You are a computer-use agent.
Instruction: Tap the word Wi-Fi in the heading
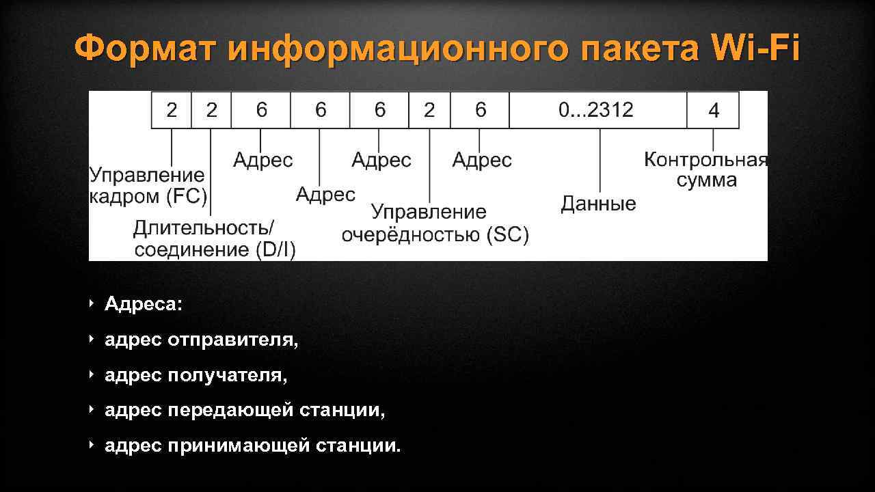tap(755, 49)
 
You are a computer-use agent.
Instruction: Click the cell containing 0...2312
tap(597, 110)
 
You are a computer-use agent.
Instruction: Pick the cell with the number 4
tap(713, 110)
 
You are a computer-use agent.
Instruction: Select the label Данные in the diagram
tap(598, 204)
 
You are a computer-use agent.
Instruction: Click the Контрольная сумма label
tap(706, 170)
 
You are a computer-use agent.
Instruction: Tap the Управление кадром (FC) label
tap(148, 187)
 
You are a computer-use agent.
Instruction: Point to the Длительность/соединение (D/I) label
tap(215, 238)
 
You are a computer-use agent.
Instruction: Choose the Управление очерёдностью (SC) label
tap(435, 224)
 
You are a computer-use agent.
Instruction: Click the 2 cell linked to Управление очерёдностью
tap(429, 110)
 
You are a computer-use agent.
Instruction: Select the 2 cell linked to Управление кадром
tap(172, 110)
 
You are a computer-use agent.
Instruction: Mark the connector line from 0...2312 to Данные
tap(600, 161)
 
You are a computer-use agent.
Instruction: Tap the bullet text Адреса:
tap(144, 304)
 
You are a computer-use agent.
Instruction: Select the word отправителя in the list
tap(232, 340)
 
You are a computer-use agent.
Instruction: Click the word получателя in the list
tap(227, 375)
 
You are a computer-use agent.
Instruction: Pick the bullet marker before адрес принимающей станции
tap(92, 446)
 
